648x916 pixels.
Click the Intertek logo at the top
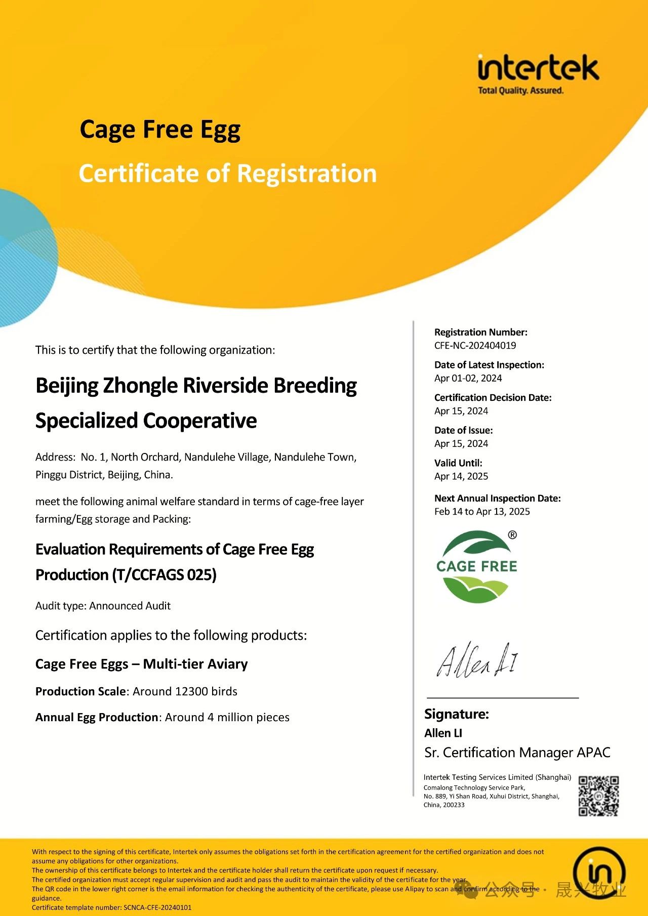point(538,74)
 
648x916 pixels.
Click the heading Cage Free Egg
point(160,130)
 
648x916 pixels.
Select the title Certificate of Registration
point(228,174)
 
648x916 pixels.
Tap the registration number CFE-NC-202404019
point(475,346)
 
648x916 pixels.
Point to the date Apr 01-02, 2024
point(468,378)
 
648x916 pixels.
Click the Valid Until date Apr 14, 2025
point(461,476)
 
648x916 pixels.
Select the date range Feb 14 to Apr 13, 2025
point(482,512)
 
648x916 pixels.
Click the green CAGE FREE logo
point(476,566)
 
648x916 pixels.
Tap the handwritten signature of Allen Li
point(477,660)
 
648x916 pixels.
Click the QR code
point(598,796)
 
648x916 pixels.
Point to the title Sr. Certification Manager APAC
point(517,753)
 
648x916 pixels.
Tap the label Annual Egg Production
point(97,717)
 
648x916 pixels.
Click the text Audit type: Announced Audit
point(103,606)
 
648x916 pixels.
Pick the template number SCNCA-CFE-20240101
point(157,907)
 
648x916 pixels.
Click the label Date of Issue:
point(463,430)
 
